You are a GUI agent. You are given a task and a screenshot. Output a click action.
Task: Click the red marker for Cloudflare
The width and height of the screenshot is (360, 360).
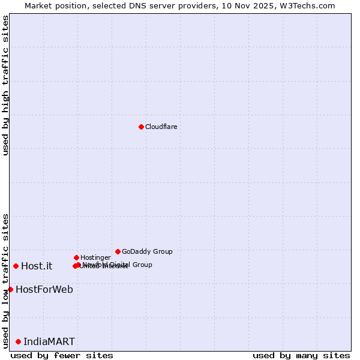pyautogui.click(x=141, y=127)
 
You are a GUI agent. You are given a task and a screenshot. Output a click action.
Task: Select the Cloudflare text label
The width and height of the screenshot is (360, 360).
pyautogui.click(x=161, y=127)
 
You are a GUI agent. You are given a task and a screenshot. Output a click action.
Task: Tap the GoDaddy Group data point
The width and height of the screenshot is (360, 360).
pyautogui.click(x=118, y=251)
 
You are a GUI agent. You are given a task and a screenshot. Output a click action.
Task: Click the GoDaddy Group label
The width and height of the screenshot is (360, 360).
pyautogui.click(x=147, y=251)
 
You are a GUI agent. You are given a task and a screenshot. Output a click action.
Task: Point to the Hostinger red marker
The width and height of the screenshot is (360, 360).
pyautogui.click(x=76, y=257)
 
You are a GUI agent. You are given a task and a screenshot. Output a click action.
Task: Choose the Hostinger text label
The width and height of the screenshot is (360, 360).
pyautogui.click(x=95, y=257)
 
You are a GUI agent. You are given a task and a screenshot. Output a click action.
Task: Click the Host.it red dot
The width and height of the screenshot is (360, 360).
pyautogui.click(x=16, y=266)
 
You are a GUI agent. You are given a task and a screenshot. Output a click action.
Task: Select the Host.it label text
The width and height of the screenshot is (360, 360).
pyautogui.click(x=37, y=266)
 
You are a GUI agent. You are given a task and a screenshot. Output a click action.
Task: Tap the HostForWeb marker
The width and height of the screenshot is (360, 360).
pyautogui.click(x=10, y=289)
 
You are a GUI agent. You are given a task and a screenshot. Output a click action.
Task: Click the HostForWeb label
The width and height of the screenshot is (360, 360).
pyautogui.click(x=44, y=289)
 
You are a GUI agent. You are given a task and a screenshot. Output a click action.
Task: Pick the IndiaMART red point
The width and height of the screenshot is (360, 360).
pyautogui.click(x=18, y=341)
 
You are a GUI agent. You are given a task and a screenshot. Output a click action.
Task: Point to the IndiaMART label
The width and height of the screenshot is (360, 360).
pyautogui.click(x=49, y=341)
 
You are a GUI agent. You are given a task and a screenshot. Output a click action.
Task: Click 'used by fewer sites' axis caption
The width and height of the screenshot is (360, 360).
pyautogui.click(x=62, y=355)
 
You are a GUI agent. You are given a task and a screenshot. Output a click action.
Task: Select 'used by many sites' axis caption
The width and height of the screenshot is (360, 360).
pyautogui.click(x=301, y=355)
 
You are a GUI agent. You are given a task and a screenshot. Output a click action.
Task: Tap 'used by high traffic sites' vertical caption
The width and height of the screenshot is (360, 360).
pyautogui.click(x=5, y=85)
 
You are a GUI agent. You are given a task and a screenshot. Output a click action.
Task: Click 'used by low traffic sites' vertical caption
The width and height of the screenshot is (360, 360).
pyautogui.click(x=5, y=280)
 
